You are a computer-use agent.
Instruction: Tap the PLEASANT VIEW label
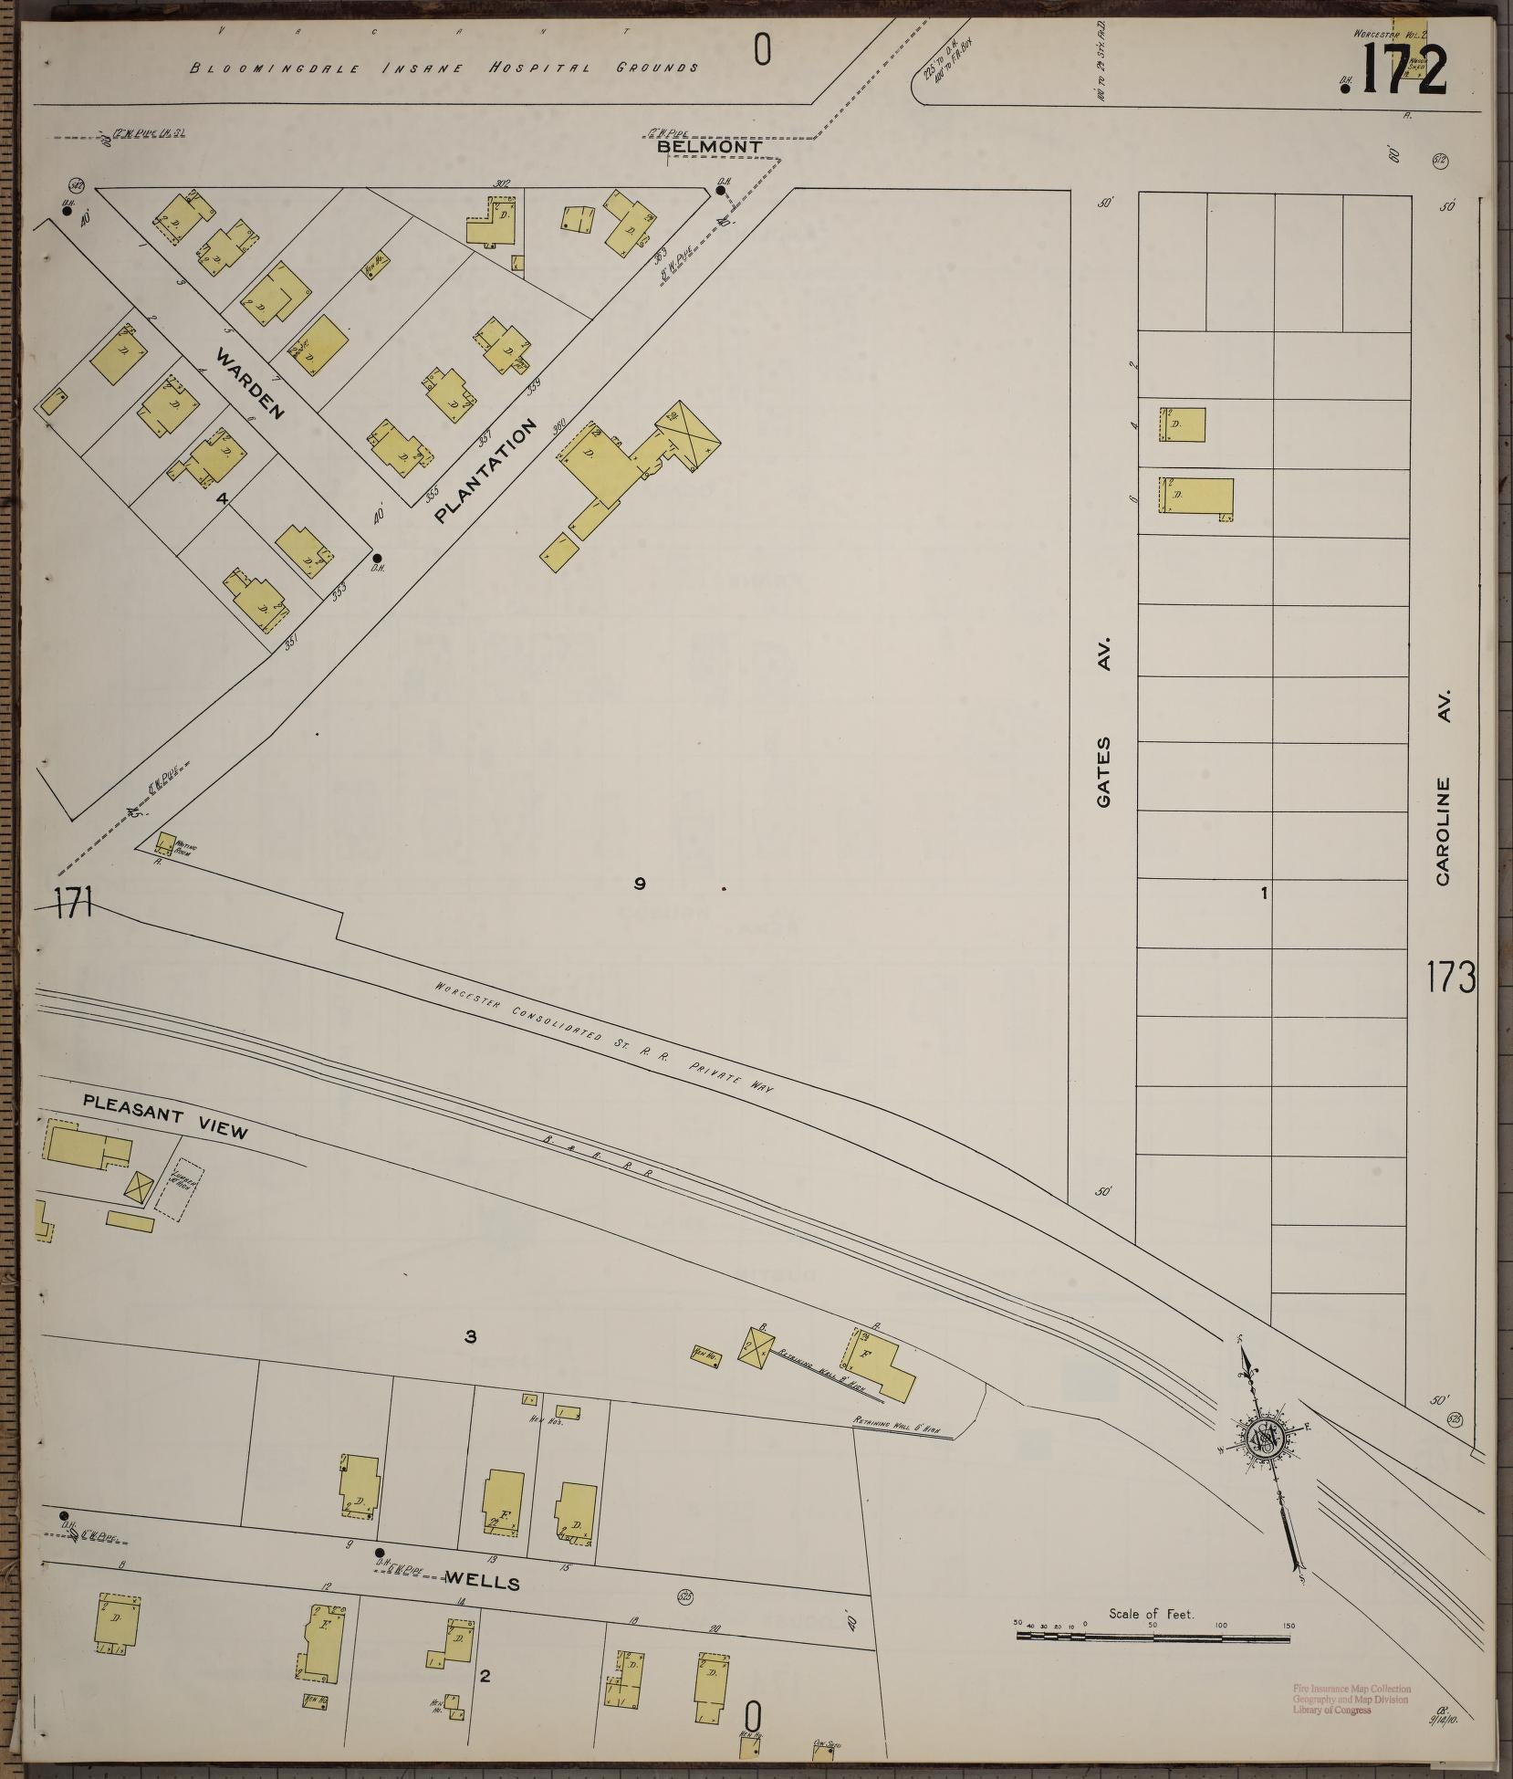164,1116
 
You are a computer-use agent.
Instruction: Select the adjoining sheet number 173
1452,978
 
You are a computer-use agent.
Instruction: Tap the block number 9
640,883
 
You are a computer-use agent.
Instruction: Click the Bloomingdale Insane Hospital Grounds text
445,67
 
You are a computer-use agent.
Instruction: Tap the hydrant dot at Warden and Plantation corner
376,558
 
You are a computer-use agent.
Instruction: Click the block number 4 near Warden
221,498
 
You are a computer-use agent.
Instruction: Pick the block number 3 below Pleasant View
470,1337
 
